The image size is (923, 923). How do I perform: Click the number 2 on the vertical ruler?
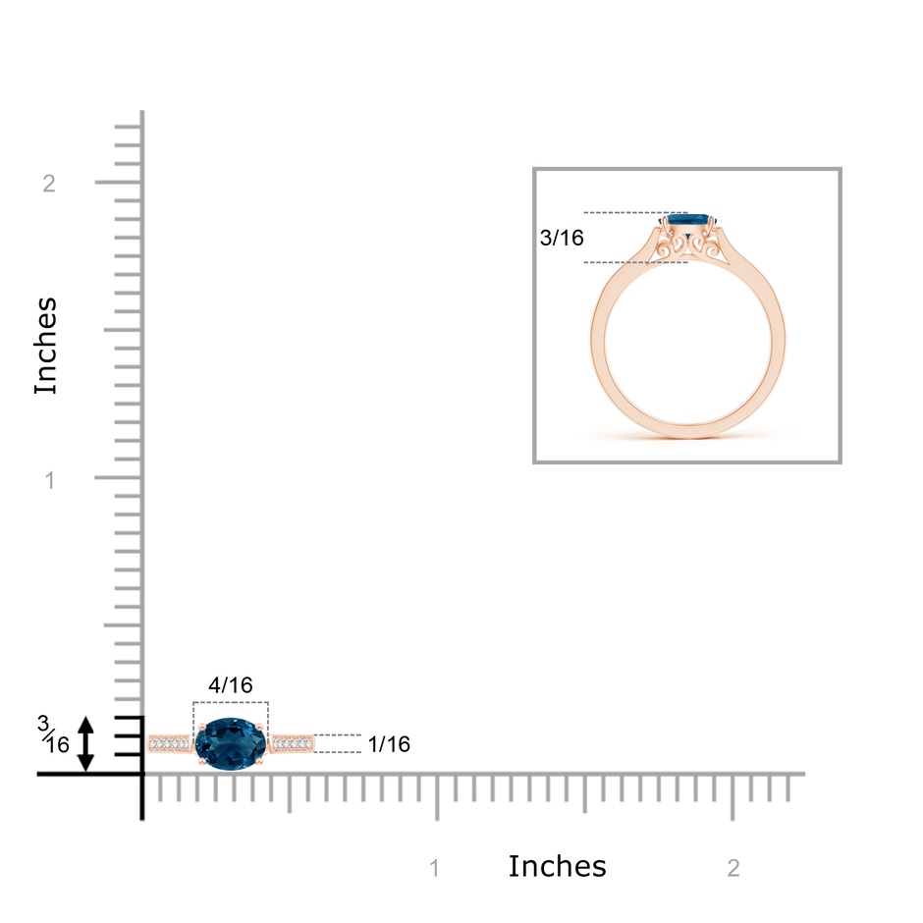[49, 184]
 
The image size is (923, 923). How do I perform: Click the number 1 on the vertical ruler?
[50, 480]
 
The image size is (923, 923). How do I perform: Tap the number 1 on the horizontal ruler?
[434, 868]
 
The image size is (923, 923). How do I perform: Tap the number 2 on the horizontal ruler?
[733, 868]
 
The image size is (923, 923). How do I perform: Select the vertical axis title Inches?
[45, 346]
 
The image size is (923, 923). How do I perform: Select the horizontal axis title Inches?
[557, 866]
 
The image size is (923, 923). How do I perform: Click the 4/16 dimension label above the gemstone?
[231, 684]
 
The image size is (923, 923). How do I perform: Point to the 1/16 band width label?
[389, 744]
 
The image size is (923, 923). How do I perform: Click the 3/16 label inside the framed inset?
[562, 238]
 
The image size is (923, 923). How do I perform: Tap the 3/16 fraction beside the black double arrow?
[53, 734]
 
